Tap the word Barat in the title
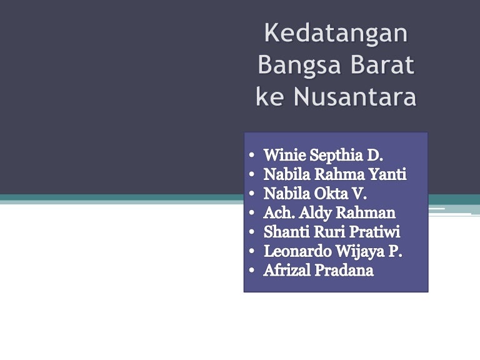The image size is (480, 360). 382,64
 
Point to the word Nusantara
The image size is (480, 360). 355,96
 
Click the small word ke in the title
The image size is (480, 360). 269,96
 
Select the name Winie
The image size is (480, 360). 284,155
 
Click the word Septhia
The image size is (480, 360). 336,156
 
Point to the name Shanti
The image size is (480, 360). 287,232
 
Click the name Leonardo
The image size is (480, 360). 297,251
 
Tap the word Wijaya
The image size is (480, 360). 360,252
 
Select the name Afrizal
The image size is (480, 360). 287,270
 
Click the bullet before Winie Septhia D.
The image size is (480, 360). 252,155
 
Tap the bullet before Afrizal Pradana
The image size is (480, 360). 252,270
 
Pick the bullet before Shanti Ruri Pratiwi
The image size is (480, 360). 252,232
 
